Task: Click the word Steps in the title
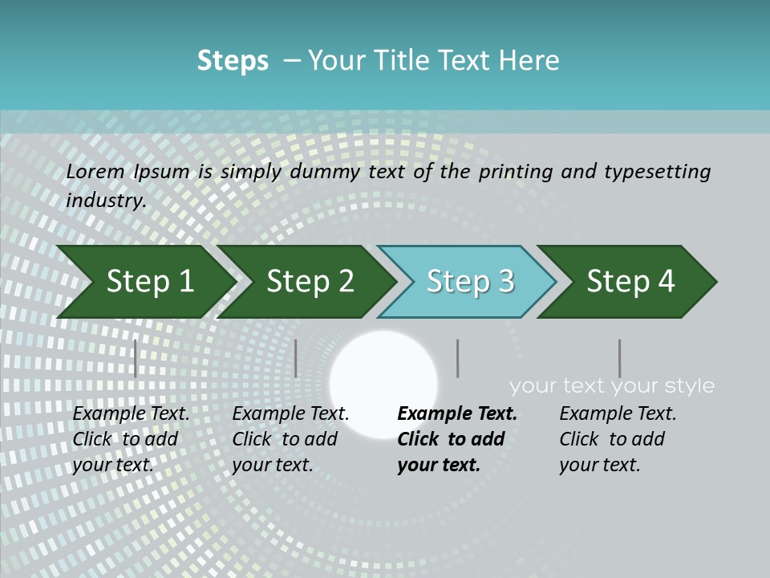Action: (x=233, y=61)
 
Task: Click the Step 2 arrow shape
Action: (x=310, y=282)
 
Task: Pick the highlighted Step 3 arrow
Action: (x=470, y=282)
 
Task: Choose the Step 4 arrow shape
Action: (x=630, y=282)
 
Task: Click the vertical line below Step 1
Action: (x=136, y=358)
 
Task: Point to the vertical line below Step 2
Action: (x=296, y=358)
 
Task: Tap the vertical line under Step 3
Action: (x=457, y=358)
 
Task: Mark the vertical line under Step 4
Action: (x=619, y=358)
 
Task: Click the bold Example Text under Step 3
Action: (x=457, y=414)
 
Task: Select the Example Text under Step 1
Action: (x=131, y=414)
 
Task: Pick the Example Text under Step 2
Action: (x=290, y=414)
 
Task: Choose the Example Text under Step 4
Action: (x=618, y=414)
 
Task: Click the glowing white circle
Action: (x=383, y=384)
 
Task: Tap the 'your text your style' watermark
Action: (x=611, y=386)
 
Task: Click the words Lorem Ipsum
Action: (x=128, y=172)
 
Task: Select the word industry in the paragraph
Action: (x=106, y=200)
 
